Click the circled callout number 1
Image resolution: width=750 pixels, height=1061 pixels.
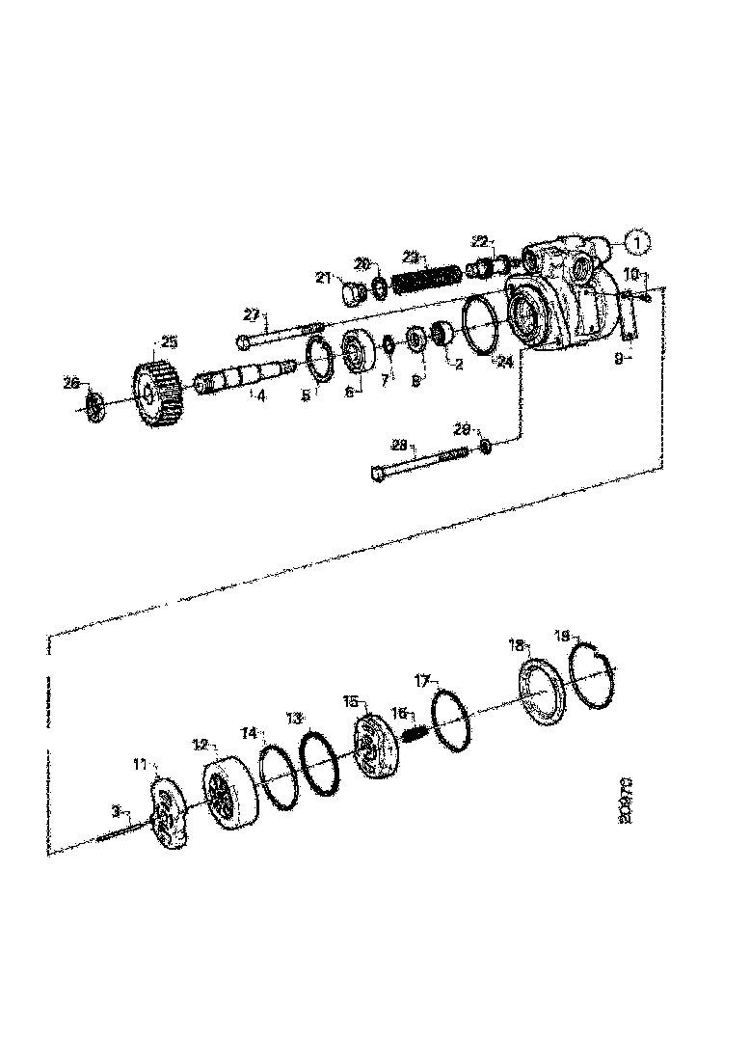pos(638,240)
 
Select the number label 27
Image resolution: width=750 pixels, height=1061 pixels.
pos(252,313)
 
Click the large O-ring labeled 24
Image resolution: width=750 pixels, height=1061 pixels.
pos(479,322)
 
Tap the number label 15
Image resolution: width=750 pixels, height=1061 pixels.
pos(350,702)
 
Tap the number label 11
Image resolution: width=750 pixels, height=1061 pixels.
pos(140,764)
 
